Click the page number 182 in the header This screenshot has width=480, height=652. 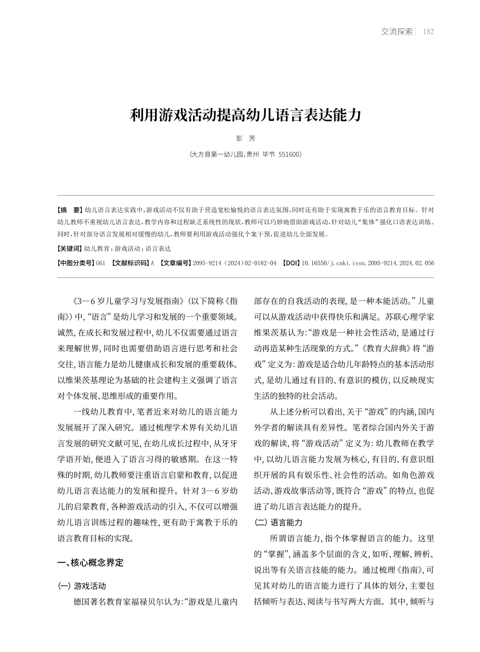coord(428,31)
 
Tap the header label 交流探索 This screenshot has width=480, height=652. coord(397,31)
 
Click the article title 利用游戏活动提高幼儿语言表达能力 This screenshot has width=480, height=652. coord(246,115)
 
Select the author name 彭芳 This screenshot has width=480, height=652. coord(246,138)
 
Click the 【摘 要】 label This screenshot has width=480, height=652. coord(70,209)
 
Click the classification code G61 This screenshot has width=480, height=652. coord(101,263)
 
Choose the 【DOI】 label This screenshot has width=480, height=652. coord(291,263)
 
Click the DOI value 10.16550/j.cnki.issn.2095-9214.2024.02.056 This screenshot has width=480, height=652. coord(367,263)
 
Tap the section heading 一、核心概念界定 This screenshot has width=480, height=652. coord(90,563)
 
